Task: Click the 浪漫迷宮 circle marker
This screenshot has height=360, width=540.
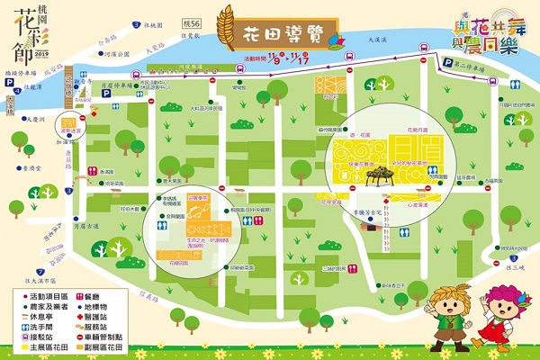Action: point(67,123)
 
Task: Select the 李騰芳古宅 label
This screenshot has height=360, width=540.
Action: point(373,213)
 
